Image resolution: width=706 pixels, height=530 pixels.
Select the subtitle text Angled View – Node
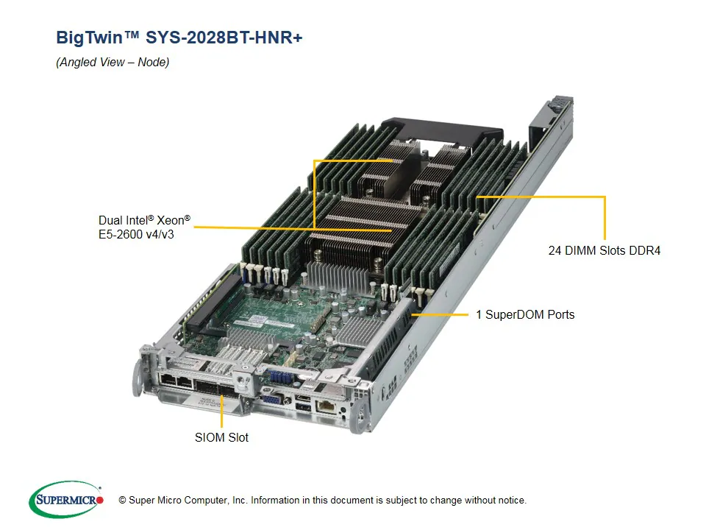[x=113, y=62]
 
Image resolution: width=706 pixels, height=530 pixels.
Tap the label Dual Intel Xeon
[x=144, y=220]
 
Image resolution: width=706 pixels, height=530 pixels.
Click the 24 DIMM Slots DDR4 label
[x=604, y=250]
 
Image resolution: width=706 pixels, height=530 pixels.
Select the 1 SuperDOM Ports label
[x=524, y=314]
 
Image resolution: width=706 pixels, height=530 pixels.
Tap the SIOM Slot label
[x=221, y=437]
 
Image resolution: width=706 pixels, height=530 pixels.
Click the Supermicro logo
[x=66, y=500]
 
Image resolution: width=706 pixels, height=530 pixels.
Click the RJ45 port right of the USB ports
[x=324, y=406]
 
